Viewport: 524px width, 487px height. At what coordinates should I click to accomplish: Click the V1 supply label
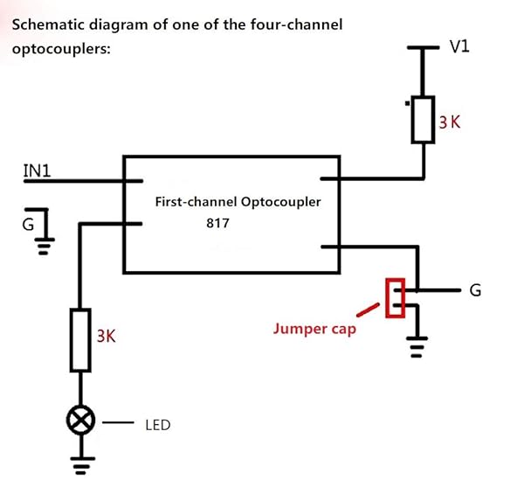(x=459, y=46)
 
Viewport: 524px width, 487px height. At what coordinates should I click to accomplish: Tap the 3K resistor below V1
(x=424, y=120)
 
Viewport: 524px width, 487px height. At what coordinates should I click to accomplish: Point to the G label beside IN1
(x=28, y=224)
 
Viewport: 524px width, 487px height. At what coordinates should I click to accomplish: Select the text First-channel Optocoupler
(x=238, y=201)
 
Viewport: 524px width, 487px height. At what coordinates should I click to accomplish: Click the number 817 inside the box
(x=217, y=224)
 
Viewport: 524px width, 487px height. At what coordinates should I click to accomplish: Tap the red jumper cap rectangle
(x=396, y=298)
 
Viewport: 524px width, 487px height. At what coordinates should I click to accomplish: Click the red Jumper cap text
(x=314, y=329)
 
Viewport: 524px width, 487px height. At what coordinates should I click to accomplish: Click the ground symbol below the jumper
(x=417, y=348)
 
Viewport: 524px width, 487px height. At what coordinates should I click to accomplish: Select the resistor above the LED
(x=81, y=339)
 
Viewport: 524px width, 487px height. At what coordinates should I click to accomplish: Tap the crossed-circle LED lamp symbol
(x=81, y=422)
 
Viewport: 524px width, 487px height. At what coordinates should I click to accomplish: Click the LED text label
(x=158, y=425)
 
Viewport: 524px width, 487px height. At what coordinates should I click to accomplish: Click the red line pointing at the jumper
(x=368, y=309)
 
